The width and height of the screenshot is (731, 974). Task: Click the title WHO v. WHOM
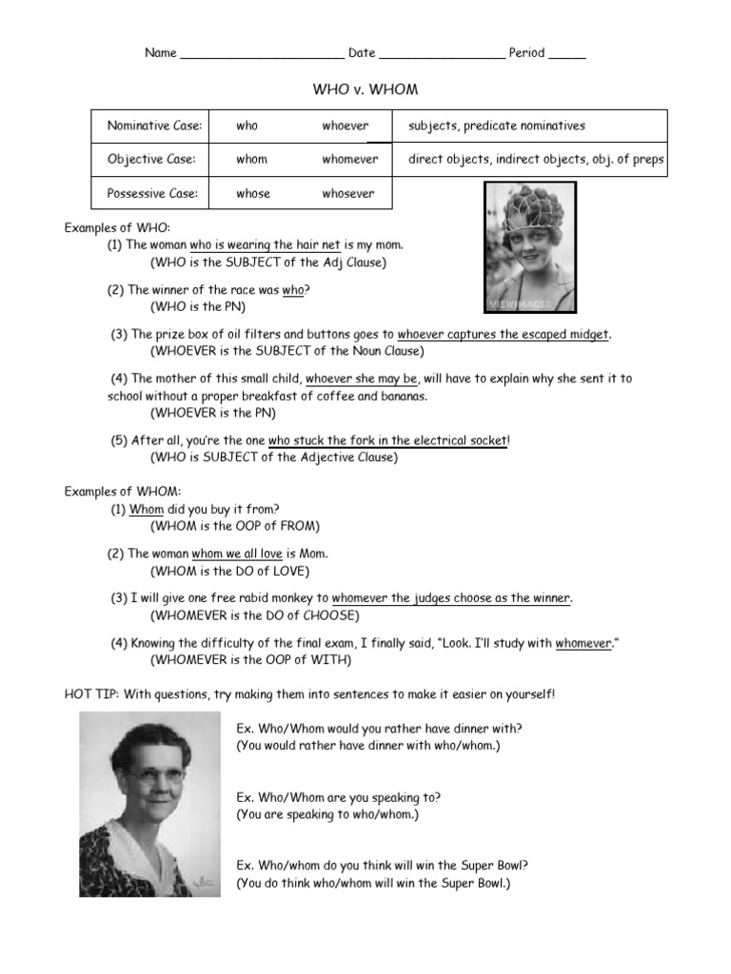tap(365, 89)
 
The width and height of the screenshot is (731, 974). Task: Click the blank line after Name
tap(262, 54)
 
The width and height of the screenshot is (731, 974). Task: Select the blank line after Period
tap(567, 54)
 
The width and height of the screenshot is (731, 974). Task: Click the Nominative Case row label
tap(154, 126)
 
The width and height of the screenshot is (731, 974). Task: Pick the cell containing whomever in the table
tap(349, 160)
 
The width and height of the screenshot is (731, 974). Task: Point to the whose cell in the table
tap(253, 193)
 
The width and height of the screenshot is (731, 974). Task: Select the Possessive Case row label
tap(152, 193)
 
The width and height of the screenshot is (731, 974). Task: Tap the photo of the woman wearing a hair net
tap(530, 248)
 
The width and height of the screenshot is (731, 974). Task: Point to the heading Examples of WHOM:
tap(122, 491)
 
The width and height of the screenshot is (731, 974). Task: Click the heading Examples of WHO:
tap(117, 228)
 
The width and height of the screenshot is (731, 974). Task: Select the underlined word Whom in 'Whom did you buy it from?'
tap(147, 509)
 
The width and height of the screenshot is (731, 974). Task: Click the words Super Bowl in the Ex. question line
tap(493, 866)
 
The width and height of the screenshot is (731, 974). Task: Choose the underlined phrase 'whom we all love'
tap(237, 553)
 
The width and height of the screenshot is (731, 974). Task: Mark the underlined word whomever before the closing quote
tap(583, 643)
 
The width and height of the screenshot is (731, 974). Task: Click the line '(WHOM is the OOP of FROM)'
tap(235, 526)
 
